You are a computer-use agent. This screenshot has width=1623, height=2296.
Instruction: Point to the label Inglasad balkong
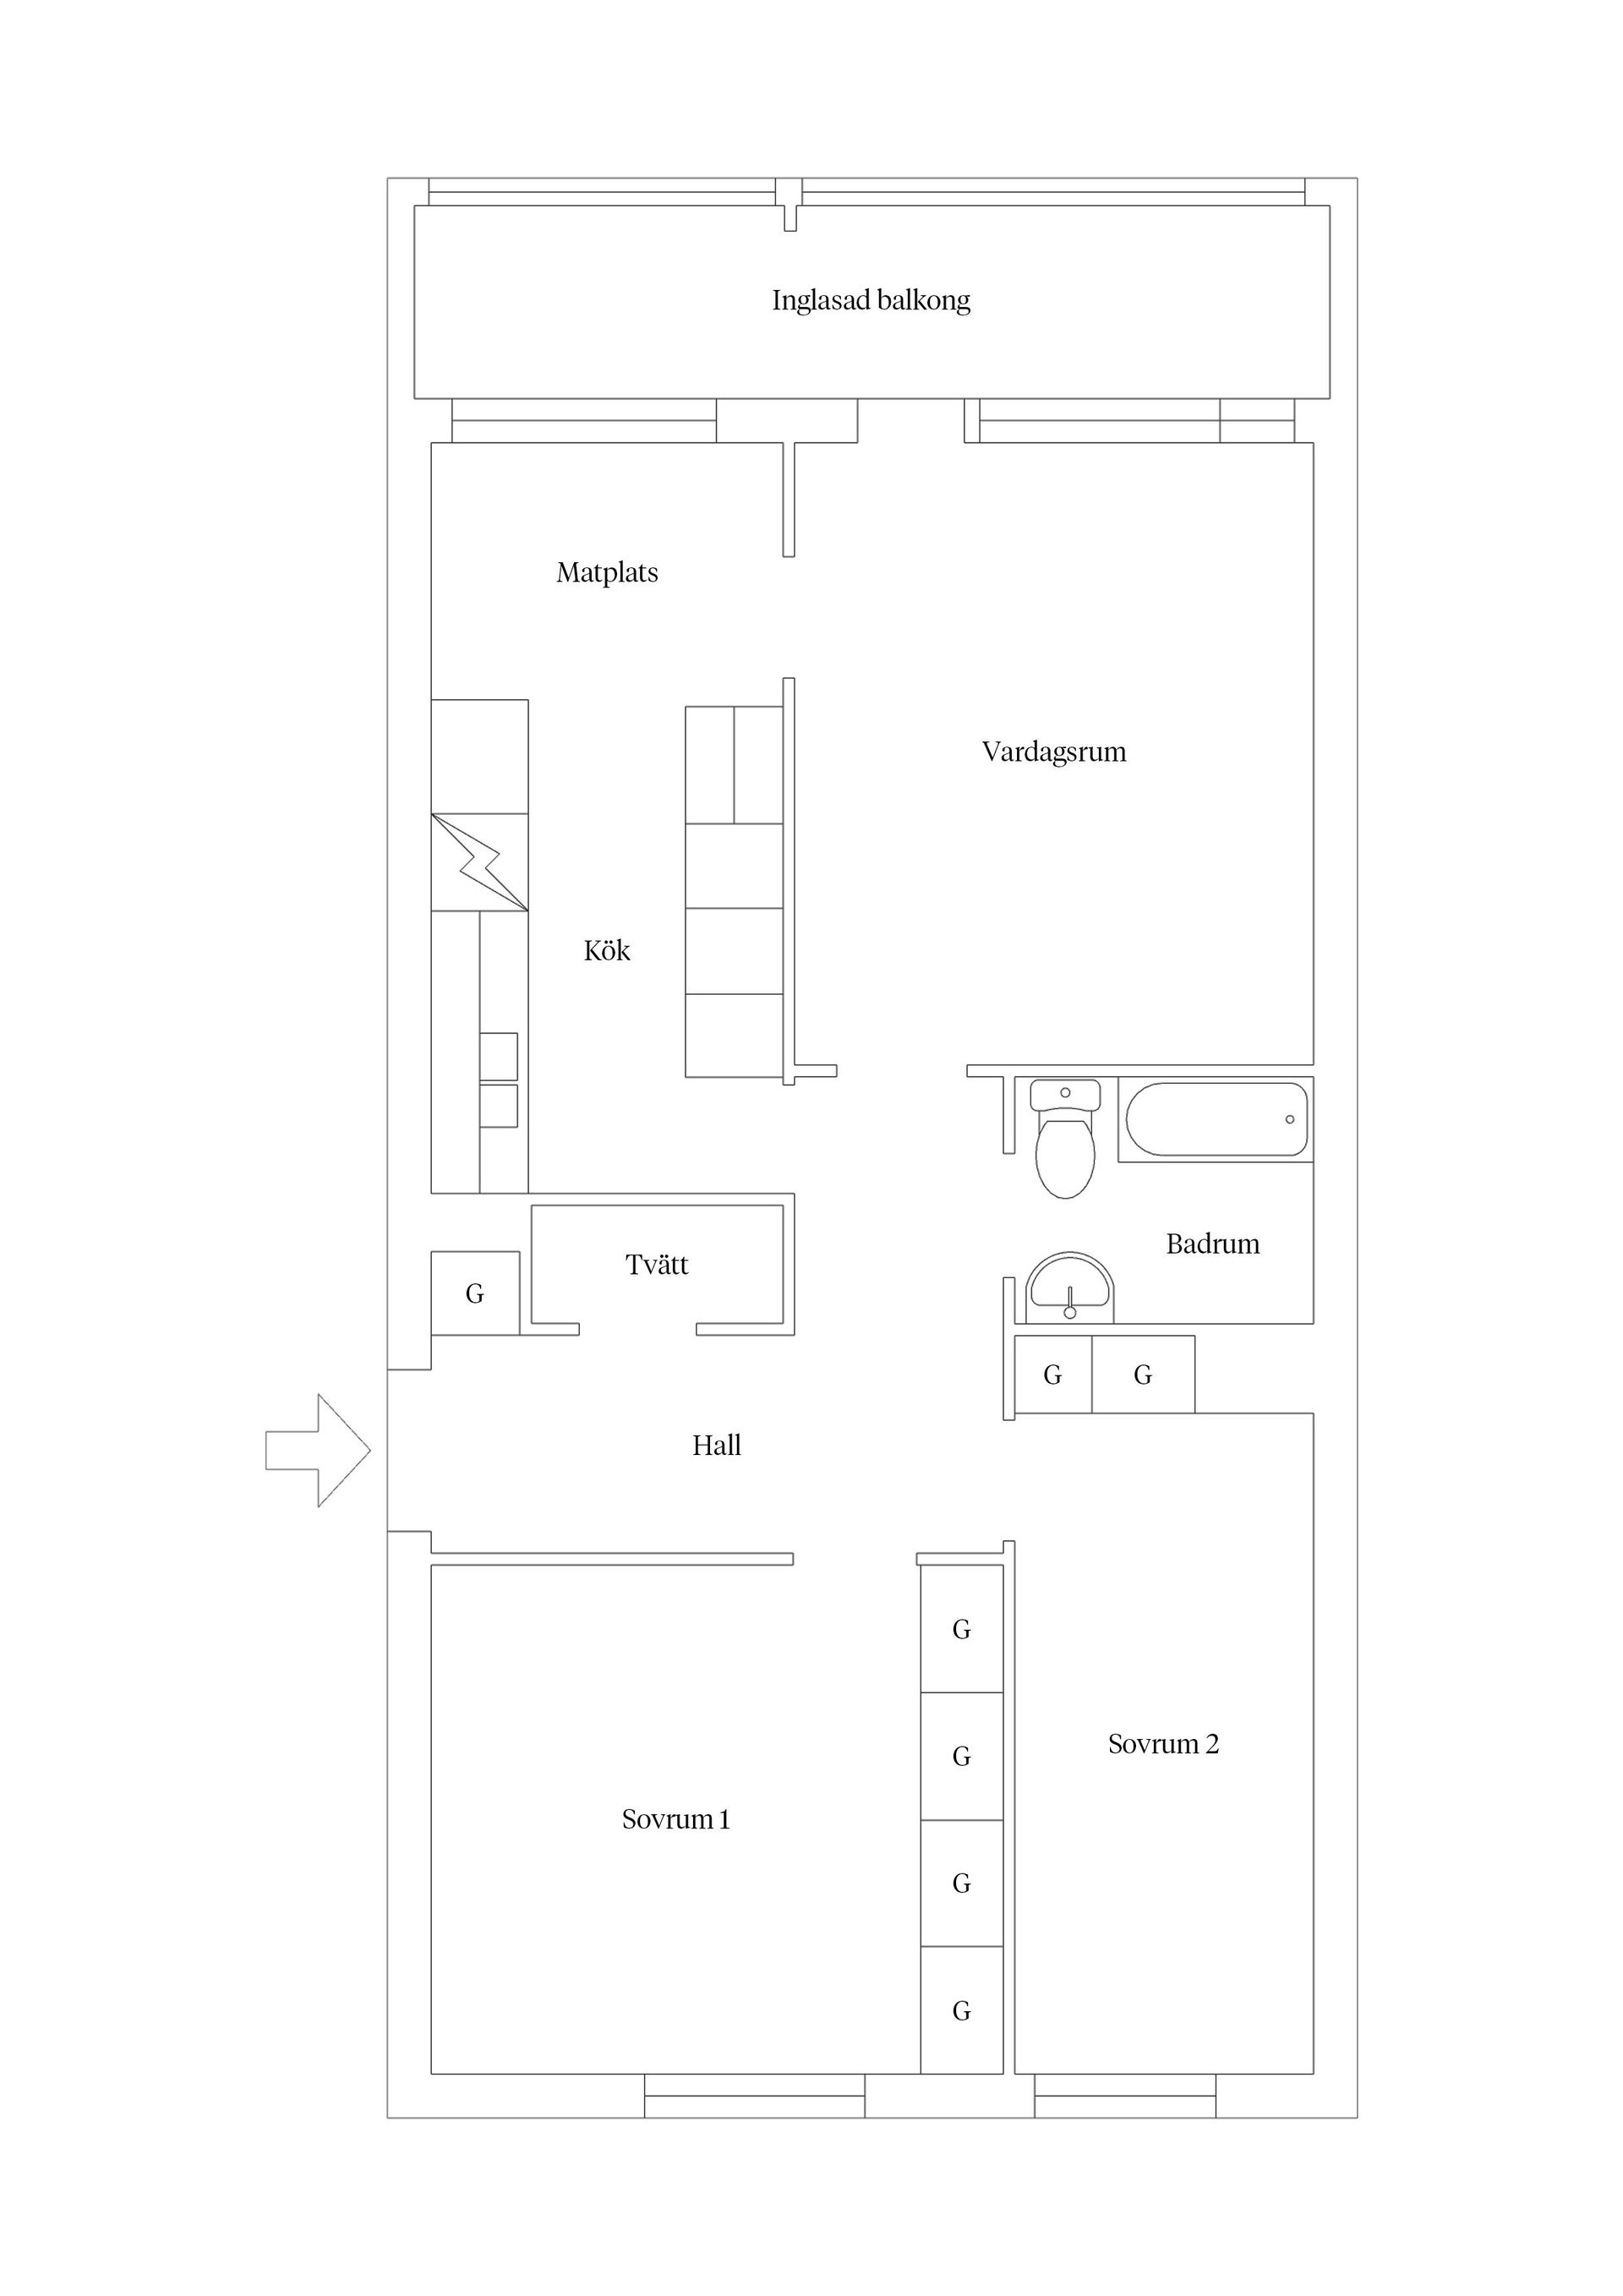click(871, 300)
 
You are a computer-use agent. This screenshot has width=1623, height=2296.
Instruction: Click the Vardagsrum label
click(1054, 752)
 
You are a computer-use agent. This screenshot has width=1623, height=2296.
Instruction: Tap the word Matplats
click(607, 573)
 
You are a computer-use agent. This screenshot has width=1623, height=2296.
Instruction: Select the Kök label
click(607, 950)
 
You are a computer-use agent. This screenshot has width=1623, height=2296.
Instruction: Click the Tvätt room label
click(657, 1265)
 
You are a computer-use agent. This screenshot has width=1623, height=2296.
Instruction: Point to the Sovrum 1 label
click(676, 1819)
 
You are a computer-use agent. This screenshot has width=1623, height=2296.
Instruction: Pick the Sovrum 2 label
click(1163, 1744)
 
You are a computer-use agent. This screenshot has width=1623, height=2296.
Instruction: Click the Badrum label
click(1213, 1244)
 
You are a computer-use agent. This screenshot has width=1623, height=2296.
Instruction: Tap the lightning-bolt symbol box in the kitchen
click(480, 862)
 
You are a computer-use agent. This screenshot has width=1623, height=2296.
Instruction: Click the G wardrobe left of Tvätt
click(475, 1293)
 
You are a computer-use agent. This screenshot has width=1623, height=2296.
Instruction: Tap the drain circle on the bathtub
click(1290, 1119)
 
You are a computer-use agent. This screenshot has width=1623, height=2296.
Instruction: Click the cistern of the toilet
click(1065, 1093)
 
